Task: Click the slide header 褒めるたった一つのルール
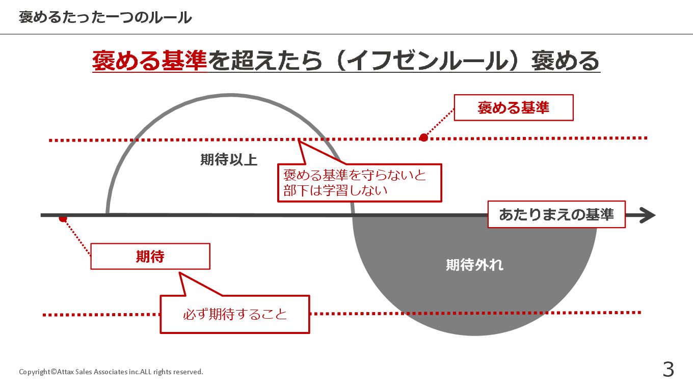click(105, 17)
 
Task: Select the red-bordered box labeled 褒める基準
click(513, 107)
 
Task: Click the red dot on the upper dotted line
click(423, 137)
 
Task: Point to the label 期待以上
click(229, 160)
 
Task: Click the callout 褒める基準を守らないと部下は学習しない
click(359, 183)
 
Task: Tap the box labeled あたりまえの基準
click(556, 214)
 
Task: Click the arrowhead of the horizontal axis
click(648, 215)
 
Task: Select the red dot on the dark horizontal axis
click(63, 218)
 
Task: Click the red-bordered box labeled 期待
click(150, 257)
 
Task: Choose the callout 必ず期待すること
click(235, 314)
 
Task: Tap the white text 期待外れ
click(474, 265)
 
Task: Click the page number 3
click(668, 370)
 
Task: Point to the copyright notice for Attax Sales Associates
click(111, 372)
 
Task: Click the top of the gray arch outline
click(230, 95)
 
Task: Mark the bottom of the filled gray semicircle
click(474, 335)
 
